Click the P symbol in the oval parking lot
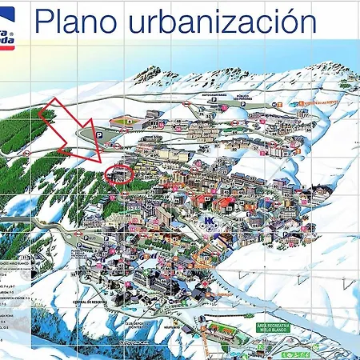pos(99,136)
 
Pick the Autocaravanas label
pos(197,95)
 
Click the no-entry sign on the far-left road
pos(28,152)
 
